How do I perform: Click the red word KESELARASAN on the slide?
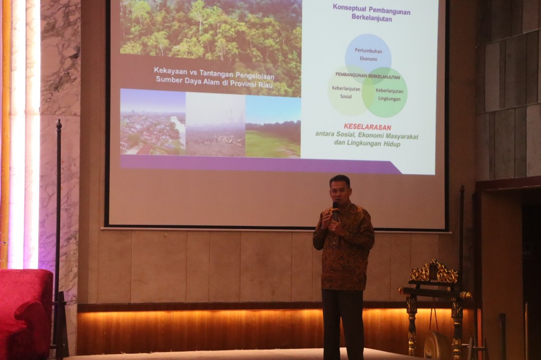[367, 127]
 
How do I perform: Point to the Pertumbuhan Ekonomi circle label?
[368, 55]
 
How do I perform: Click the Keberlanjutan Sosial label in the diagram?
[346, 92]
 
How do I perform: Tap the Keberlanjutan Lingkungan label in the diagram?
[389, 95]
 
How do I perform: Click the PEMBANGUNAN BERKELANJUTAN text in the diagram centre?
[368, 75]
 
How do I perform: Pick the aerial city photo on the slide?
[153, 122]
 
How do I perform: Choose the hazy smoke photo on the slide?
[216, 125]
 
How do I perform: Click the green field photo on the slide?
[273, 127]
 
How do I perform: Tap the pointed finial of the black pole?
[59, 125]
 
